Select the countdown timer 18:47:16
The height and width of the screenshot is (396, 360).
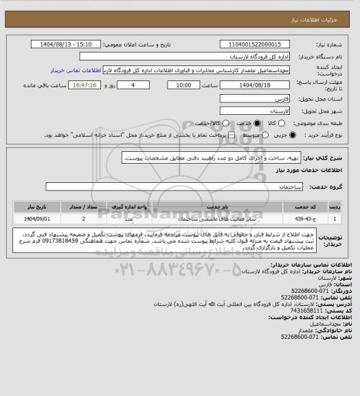point(85,85)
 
